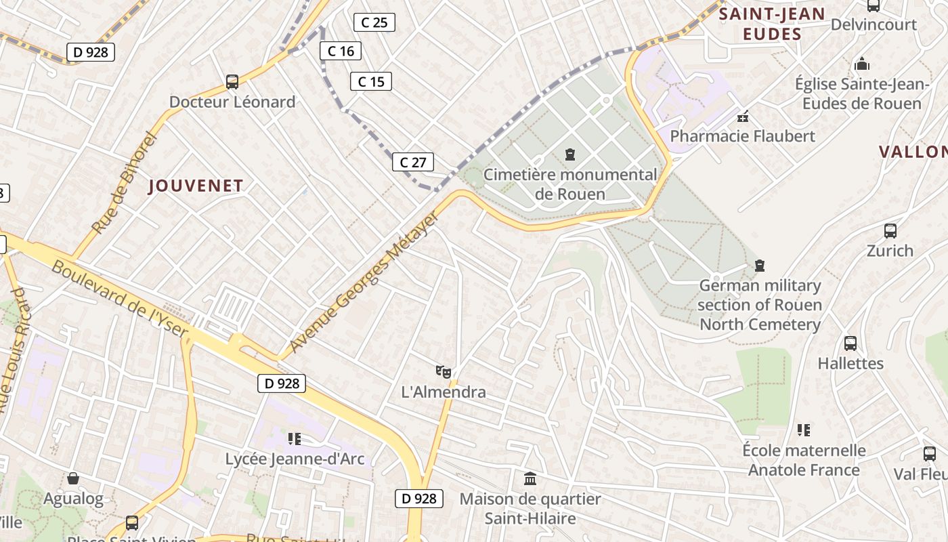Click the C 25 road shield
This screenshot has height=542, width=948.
click(374, 22)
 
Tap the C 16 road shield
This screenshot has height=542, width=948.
click(341, 51)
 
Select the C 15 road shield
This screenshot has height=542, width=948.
click(371, 82)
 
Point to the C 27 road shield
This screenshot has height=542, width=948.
click(412, 162)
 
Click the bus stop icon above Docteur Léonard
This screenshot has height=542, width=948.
click(232, 82)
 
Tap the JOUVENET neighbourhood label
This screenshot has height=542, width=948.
click(196, 186)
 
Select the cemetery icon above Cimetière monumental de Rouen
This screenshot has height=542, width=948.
click(570, 154)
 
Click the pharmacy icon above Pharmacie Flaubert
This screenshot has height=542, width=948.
click(743, 117)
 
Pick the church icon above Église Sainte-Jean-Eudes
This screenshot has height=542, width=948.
click(862, 64)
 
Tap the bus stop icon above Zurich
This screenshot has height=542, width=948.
click(890, 230)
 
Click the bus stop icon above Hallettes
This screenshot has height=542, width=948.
click(850, 343)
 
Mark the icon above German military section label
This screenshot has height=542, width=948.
click(760, 265)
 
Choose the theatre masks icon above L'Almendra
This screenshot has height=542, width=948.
click(444, 371)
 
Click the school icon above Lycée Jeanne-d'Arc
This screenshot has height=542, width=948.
click(294, 438)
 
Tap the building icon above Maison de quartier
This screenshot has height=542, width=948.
click(530, 479)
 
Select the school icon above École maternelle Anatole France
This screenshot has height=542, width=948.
click(804, 430)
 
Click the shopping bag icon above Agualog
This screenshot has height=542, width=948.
click(73, 478)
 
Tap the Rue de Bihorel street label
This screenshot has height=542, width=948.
click(124, 183)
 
